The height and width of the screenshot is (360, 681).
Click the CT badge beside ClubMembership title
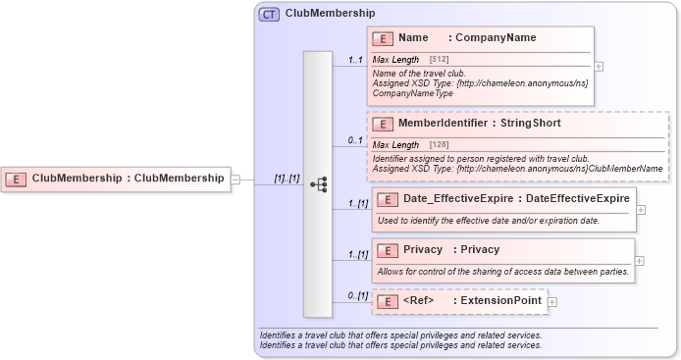point(268,14)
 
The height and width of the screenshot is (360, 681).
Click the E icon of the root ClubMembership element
point(17,179)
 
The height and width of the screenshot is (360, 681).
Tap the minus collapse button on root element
point(236,180)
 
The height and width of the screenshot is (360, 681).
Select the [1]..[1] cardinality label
point(287,179)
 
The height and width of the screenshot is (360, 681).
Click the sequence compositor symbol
point(318,184)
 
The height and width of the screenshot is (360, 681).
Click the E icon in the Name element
point(385,38)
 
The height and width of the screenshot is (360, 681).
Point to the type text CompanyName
point(496,38)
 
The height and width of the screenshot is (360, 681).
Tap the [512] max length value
point(440,61)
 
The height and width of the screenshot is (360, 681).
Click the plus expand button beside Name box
point(599,67)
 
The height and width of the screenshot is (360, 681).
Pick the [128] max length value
point(440,145)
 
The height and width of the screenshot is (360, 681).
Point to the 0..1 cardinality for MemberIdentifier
point(355,140)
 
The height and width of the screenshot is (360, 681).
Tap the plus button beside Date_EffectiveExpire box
point(640,208)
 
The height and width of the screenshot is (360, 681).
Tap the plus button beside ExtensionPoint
point(552,301)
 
